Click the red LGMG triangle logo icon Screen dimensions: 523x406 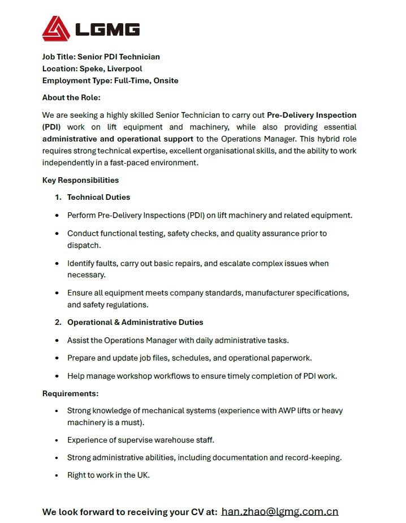55,28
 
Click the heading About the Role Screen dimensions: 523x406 71,97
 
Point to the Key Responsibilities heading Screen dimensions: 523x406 80,180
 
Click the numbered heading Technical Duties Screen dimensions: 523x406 98,197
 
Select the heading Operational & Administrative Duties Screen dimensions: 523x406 135,322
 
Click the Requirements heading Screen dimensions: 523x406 70,393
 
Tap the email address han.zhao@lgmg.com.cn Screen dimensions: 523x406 280,512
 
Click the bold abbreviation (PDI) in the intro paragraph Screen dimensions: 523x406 51,127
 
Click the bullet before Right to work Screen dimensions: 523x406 57,475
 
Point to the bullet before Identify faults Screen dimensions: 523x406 57,264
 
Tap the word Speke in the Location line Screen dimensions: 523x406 90,68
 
